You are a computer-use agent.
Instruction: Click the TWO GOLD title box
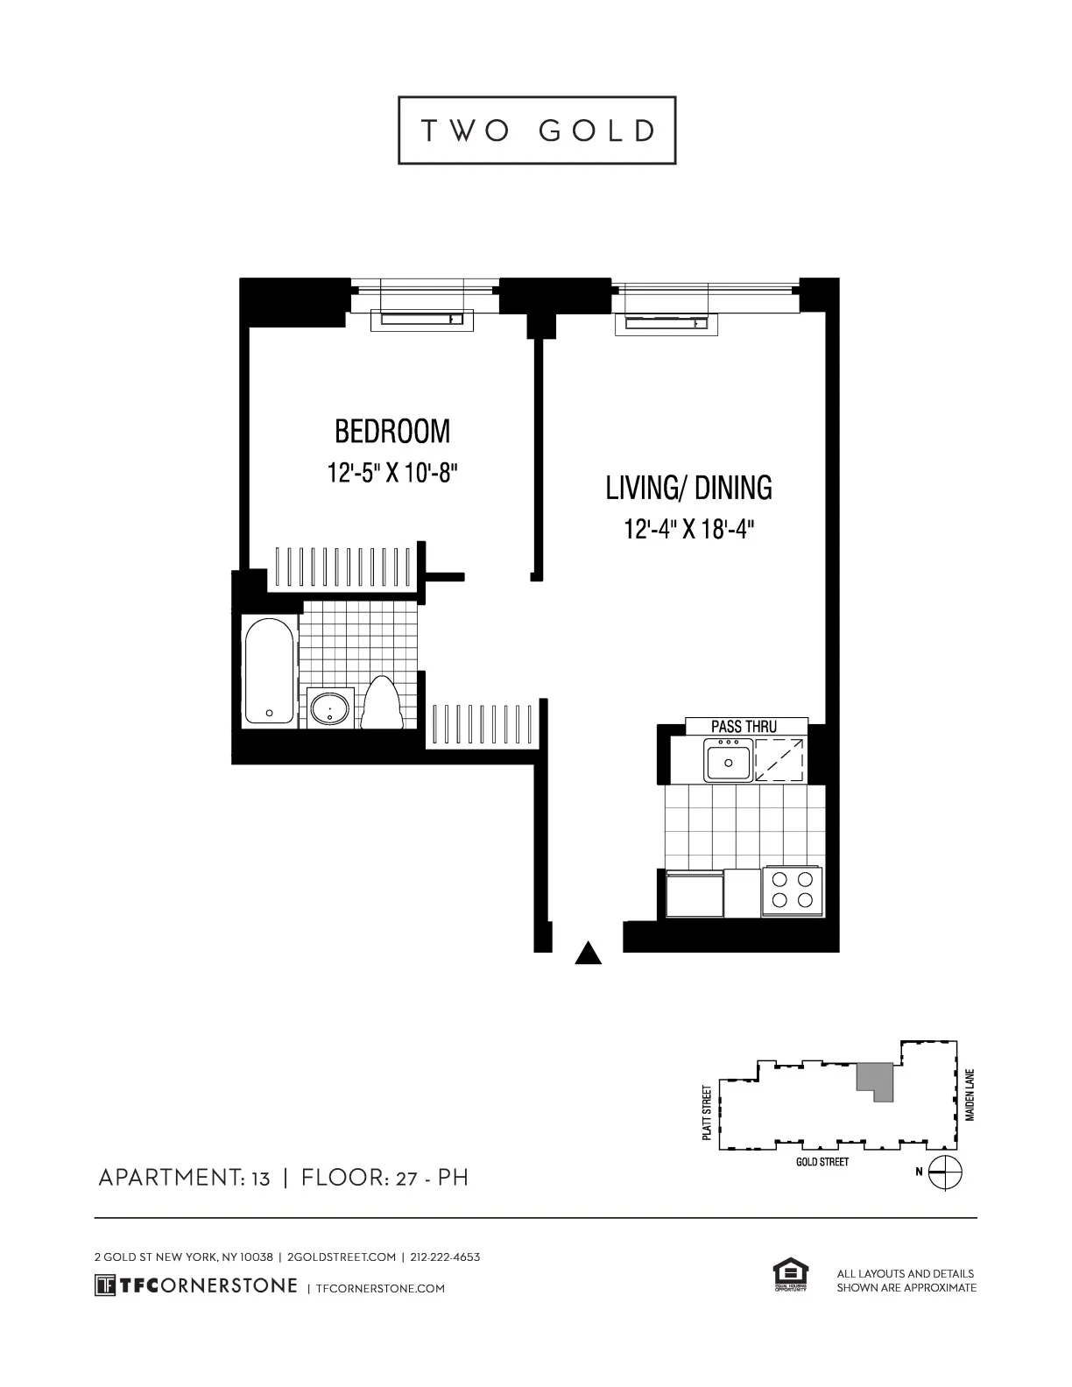[x=537, y=130]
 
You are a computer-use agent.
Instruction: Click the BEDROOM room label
[x=392, y=432]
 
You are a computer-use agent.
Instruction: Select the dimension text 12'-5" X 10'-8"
[x=393, y=474]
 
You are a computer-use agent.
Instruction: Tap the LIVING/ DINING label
[x=688, y=488]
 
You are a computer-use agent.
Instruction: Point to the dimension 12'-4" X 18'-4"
[x=689, y=530]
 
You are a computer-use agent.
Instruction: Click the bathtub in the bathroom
[x=269, y=670]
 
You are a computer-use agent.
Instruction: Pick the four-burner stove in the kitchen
[x=792, y=891]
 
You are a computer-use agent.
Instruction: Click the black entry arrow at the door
[x=588, y=953]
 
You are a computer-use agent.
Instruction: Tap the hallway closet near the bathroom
[x=482, y=724]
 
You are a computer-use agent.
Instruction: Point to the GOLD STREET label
[x=822, y=1162]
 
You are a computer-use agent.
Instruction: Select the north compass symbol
[x=946, y=1172]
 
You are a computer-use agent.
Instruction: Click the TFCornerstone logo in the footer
[x=196, y=1285]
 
